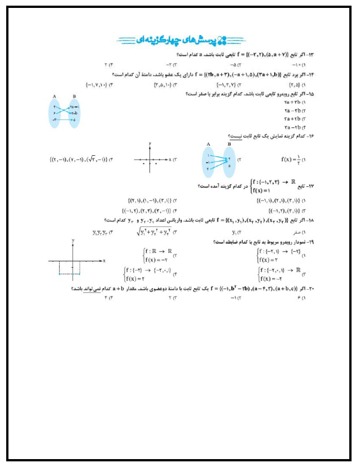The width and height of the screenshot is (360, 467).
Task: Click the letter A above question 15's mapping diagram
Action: tap(54, 96)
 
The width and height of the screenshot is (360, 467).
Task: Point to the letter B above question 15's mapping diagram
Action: tap(74, 96)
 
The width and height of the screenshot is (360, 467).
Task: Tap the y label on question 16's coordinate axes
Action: tap(150, 145)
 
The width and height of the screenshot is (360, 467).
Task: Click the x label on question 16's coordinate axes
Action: tap(169, 160)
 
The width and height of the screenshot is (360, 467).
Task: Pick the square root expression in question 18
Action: tap(153, 232)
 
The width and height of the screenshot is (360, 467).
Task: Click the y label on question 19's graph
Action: tap(74, 241)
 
